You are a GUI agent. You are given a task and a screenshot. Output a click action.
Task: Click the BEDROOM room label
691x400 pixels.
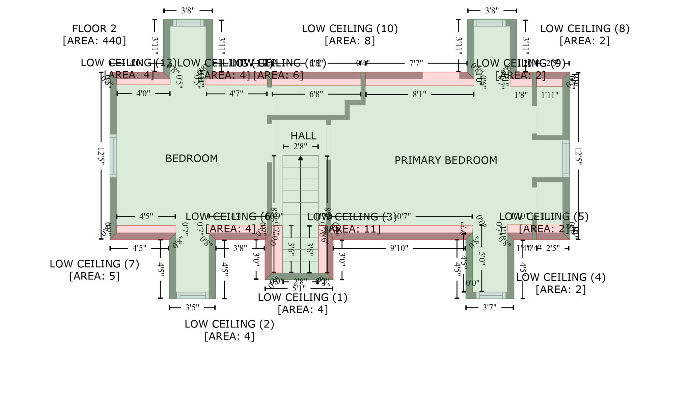191,158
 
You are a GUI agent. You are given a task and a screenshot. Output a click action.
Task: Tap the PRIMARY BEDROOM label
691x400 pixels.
446,160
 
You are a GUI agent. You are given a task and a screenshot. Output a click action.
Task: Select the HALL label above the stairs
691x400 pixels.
303,136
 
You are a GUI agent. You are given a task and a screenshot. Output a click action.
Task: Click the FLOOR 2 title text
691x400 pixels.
94,29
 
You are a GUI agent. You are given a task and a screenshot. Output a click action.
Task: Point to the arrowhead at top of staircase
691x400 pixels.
301,158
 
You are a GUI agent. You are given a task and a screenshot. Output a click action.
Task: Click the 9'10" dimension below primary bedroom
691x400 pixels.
399,248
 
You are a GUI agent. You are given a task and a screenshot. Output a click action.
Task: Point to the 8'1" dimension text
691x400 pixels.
419,94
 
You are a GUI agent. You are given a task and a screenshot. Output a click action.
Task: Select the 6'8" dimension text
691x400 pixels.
316,94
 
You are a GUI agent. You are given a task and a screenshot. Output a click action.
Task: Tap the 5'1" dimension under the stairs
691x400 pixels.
299,289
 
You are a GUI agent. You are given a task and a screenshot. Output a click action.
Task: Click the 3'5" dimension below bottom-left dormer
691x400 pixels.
192,307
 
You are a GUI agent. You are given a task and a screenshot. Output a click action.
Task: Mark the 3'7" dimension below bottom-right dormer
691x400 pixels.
490,307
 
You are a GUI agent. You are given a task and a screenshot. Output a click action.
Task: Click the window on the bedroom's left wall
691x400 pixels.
113,156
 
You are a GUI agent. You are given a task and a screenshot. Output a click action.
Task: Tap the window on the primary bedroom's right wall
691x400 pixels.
566,158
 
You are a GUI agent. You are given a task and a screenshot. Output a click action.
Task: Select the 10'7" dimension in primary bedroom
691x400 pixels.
402,216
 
